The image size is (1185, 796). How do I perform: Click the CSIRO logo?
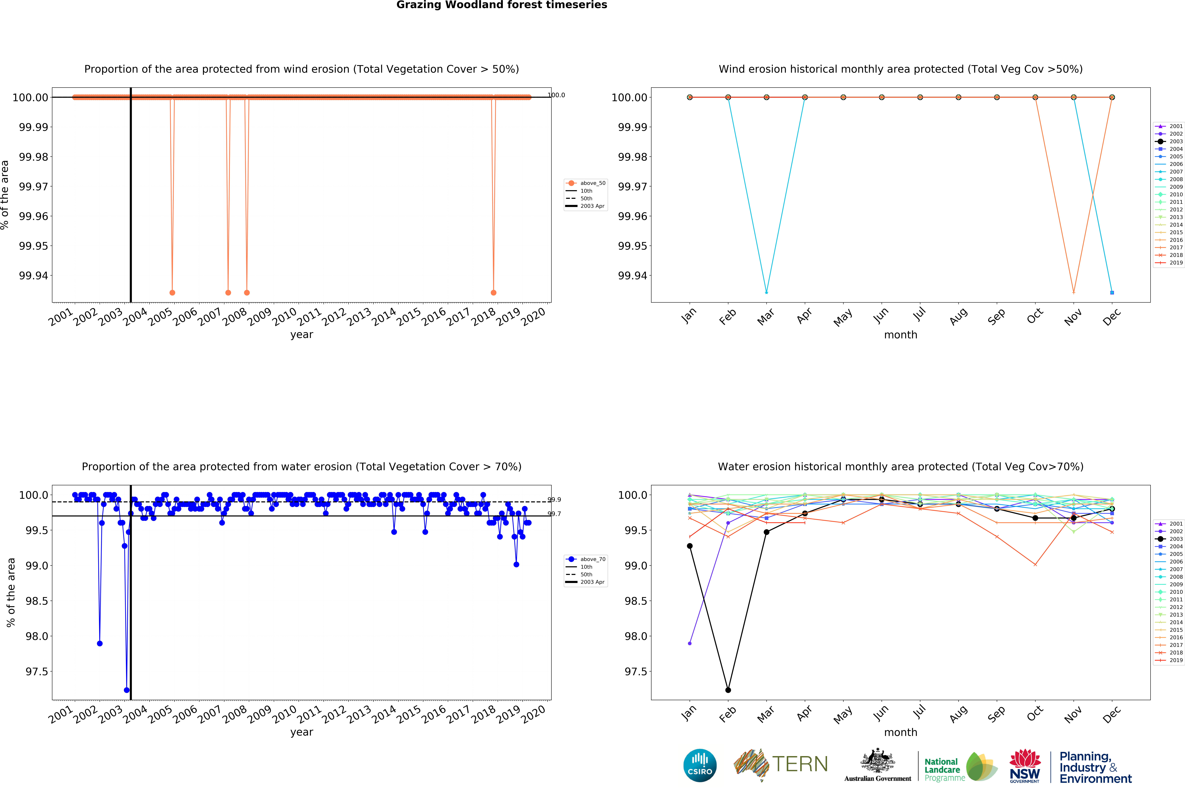700,765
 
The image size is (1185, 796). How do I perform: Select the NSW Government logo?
1025,766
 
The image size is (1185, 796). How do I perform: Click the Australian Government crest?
877,761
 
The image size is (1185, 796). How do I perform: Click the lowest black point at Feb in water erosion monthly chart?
728,690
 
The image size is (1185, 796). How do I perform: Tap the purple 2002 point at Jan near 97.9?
689,643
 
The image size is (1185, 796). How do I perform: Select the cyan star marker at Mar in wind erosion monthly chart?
766,292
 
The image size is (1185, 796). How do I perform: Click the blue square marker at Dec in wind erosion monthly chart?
1112,292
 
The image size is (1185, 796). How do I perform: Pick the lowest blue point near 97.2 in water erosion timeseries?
126,690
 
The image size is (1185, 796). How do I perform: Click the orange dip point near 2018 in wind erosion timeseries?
494,292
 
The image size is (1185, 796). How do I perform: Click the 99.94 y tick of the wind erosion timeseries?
34,276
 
